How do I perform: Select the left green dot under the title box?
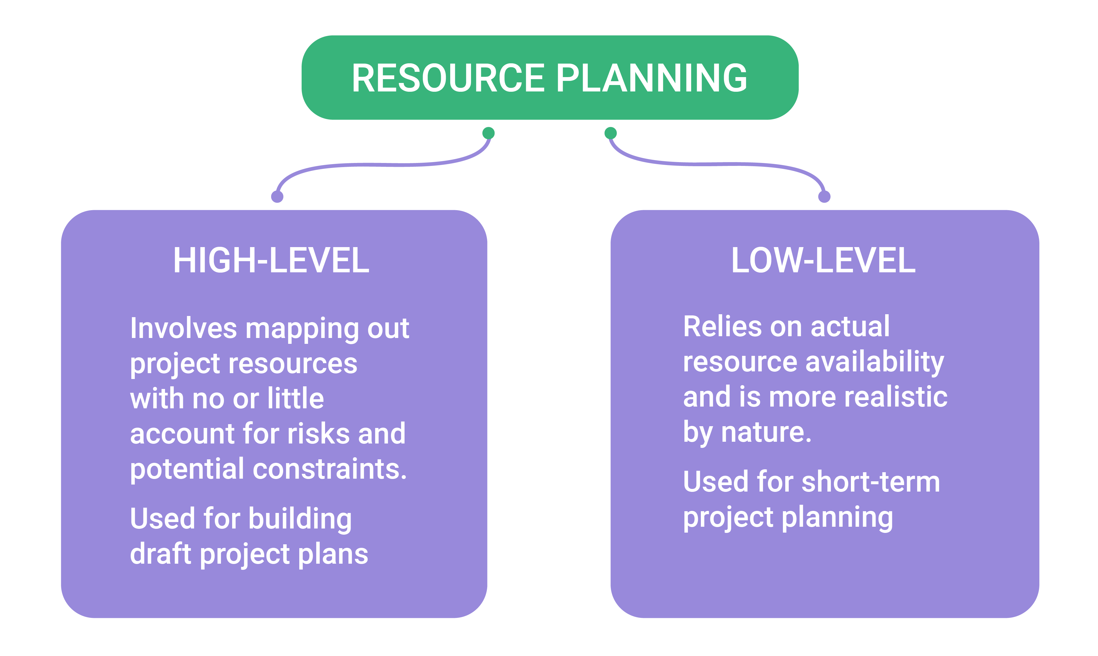pyautogui.click(x=488, y=133)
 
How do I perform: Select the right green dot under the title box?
pyautogui.click(x=611, y=133)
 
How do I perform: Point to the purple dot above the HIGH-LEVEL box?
pyautogui.click(x=277, y=196)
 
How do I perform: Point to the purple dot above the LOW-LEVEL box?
pyautogui.click(x=825, y=196)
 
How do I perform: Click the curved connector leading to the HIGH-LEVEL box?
pyautogui.click(x=383, y=165)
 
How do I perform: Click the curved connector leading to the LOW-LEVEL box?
pyautogui.click(x=717, y=164)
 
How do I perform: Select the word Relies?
pyautogui.click(x=722, y=326)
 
